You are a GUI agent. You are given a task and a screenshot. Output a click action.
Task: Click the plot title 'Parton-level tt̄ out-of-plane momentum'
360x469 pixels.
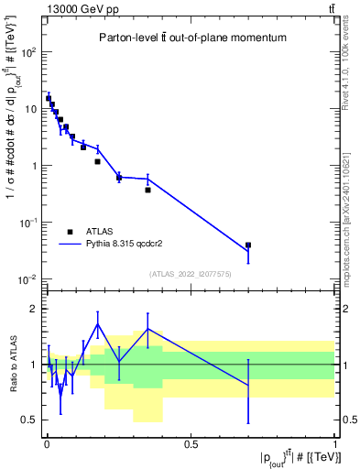click(x=191, y=38)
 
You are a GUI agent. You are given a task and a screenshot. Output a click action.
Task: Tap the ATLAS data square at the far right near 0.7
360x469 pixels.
click(x=248, y=245)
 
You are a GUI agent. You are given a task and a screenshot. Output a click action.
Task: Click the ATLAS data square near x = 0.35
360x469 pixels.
click(x=147, y=190)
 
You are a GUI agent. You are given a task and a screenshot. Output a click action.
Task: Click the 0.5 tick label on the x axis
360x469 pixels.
click(x=191, y=444)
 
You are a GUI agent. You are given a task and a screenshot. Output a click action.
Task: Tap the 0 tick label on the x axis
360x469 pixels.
click(x=47, y=444)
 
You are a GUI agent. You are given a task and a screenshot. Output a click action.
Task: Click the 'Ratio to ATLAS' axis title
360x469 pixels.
click(x=13, y=365)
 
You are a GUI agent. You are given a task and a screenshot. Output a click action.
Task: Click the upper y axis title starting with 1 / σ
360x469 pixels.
click(x=14, y=156)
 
